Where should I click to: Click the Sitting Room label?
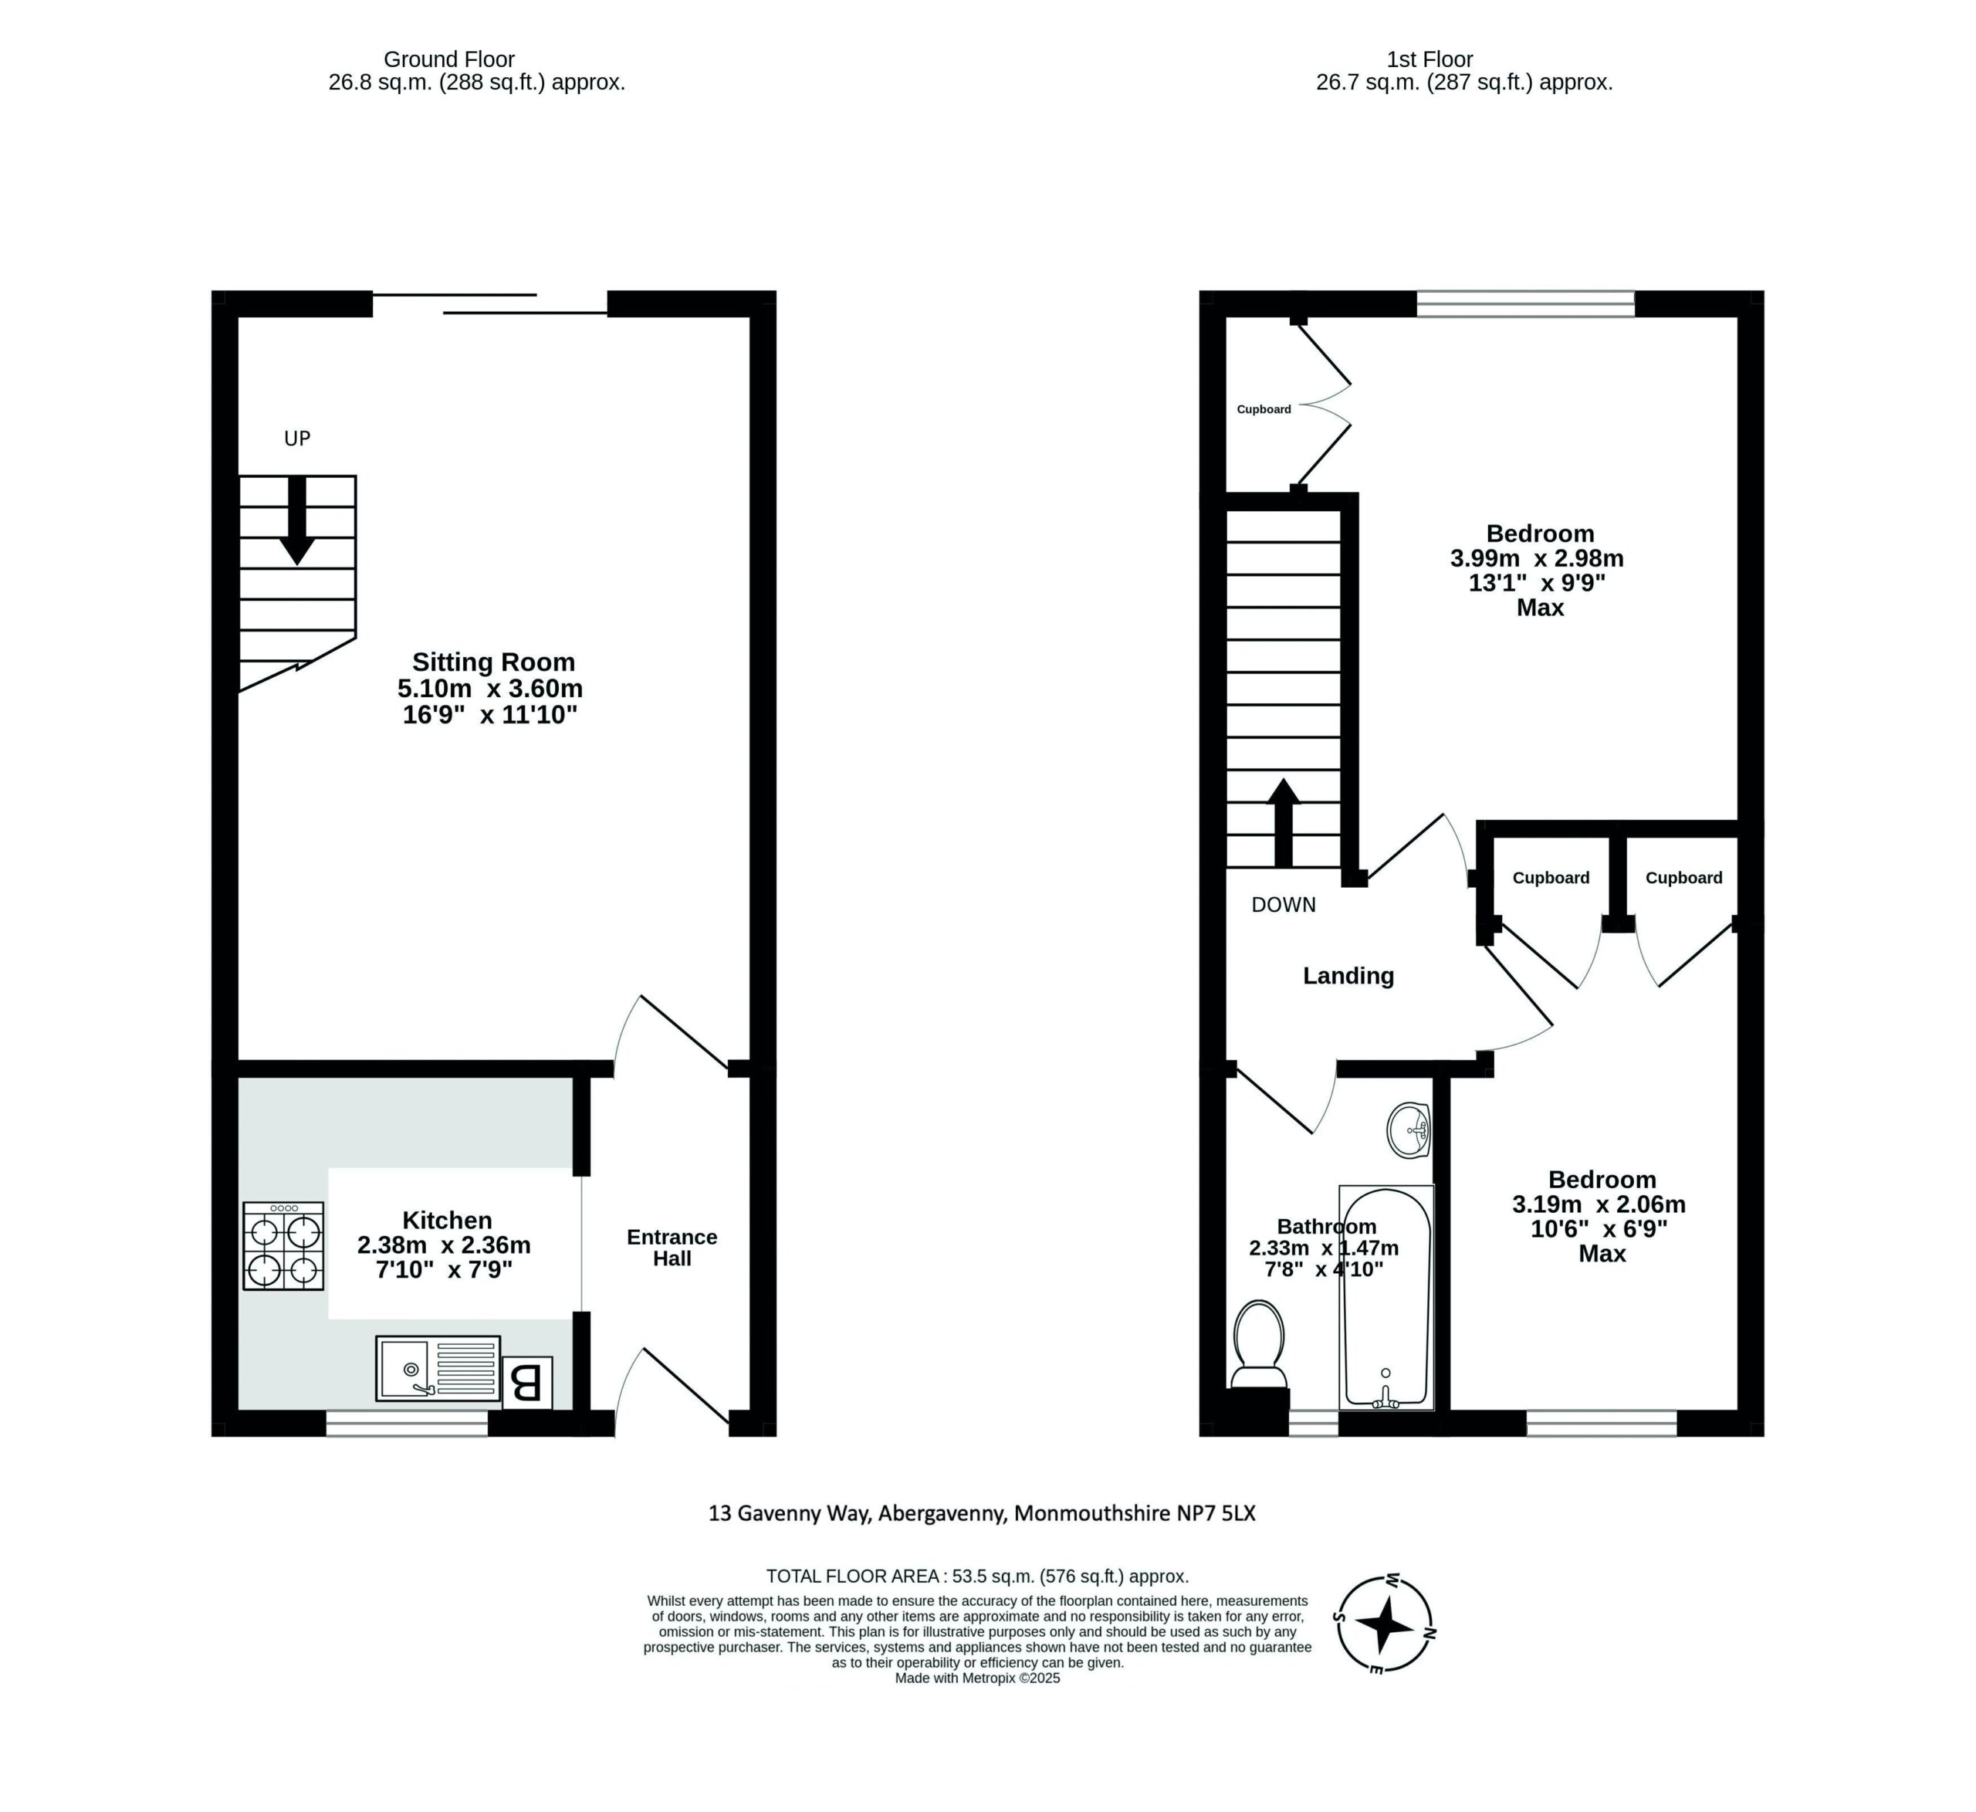click(493, 663)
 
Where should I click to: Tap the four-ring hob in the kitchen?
click(283, 1245)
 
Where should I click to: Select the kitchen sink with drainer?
click(437, 1368)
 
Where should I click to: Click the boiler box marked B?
click(527, 1384)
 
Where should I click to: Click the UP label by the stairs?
click(297, 439)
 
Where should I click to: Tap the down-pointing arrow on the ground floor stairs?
click(297, 520)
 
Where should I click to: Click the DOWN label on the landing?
click(1284, 905)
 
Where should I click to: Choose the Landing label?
click(1348, 976)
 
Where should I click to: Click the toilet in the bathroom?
click(1258, 1345)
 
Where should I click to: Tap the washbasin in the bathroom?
click(1409, 1130)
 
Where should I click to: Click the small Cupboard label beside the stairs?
click(1264, 409)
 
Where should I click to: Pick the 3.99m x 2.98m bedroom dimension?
click(1537, 559)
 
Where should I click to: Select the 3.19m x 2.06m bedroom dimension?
click(1599, 1204)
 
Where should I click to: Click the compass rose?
click(1385, 1624)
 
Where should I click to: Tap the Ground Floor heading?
click(449, 59)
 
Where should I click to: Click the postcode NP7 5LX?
click(1216, 1513)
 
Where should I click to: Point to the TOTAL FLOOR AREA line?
click(977, 1577)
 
